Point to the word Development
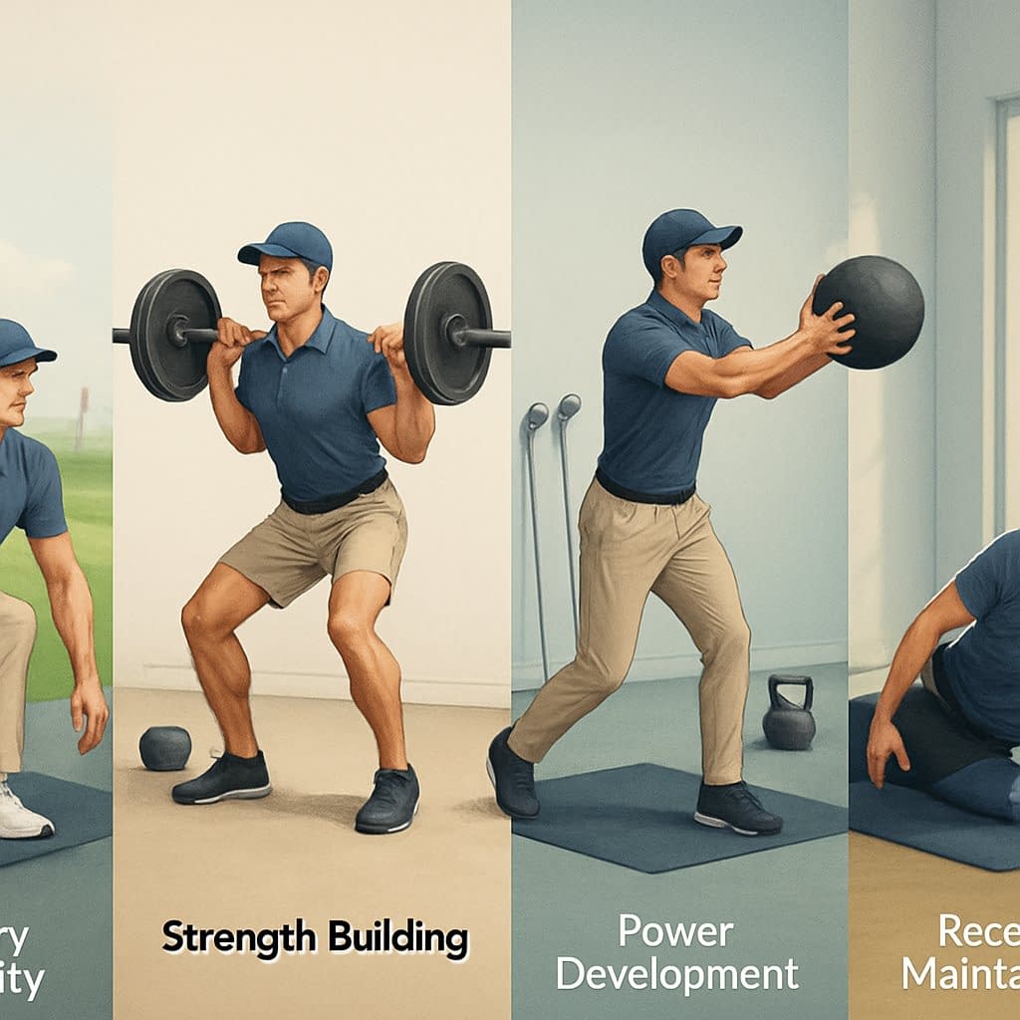point(677,973)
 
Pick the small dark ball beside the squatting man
point(164,747)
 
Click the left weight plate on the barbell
point(175,334)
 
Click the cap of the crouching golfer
point(22,343)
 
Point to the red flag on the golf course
point(84,398)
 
